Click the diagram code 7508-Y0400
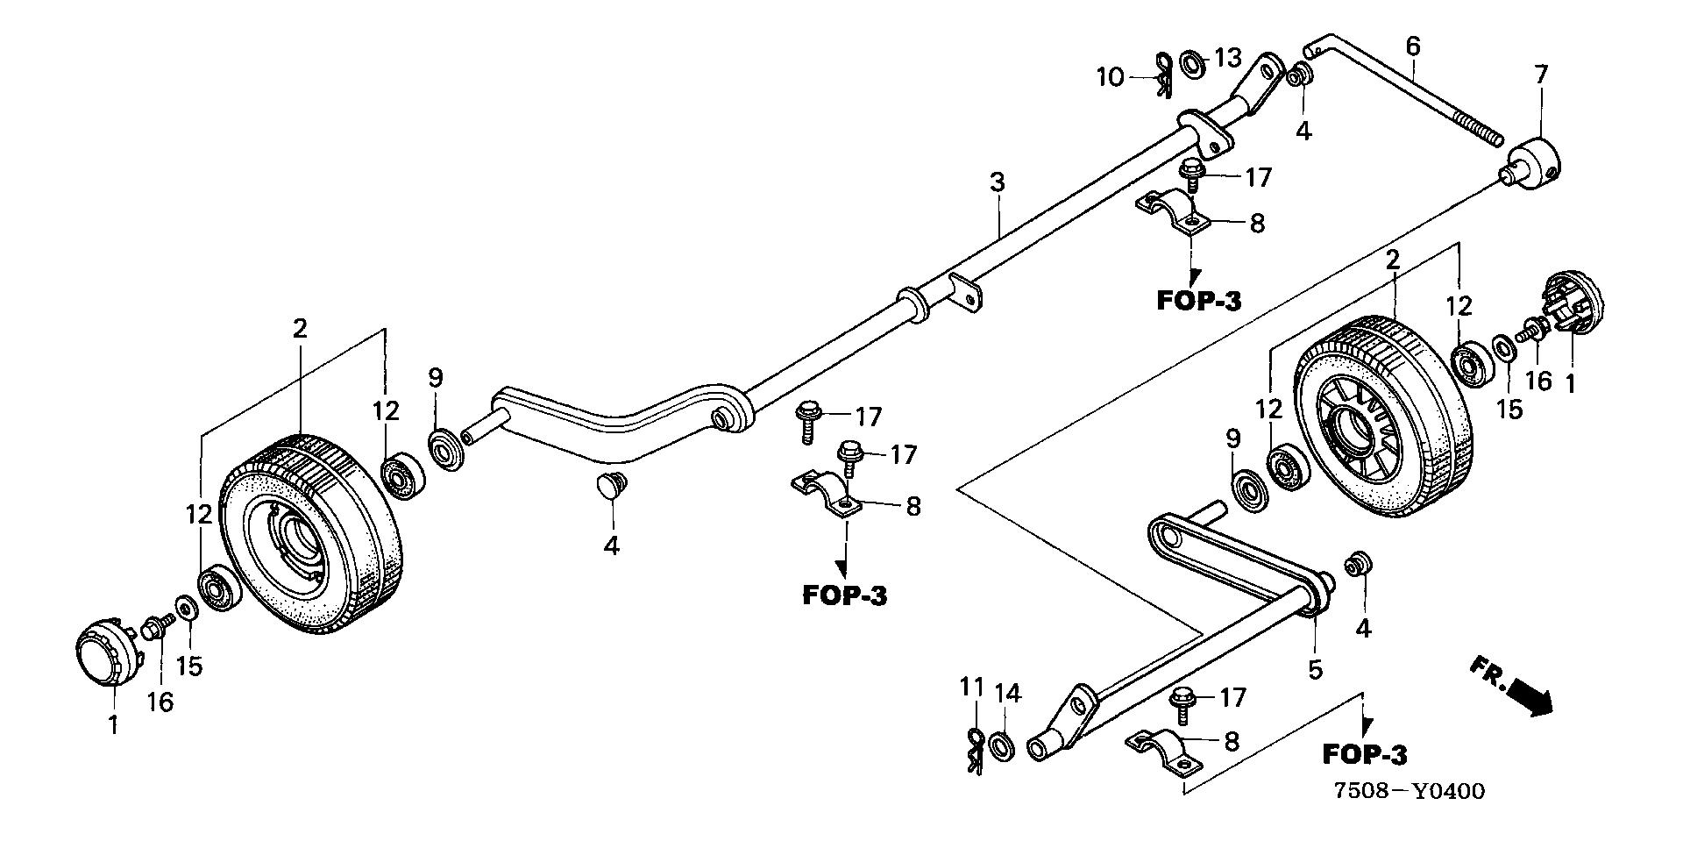(1409, 792)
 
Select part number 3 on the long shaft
(997, 182)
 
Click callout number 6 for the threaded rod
(1412, 46)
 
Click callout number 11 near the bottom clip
(971, 688)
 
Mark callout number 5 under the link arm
(1315, 669)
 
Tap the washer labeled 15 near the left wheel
(186, 607)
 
